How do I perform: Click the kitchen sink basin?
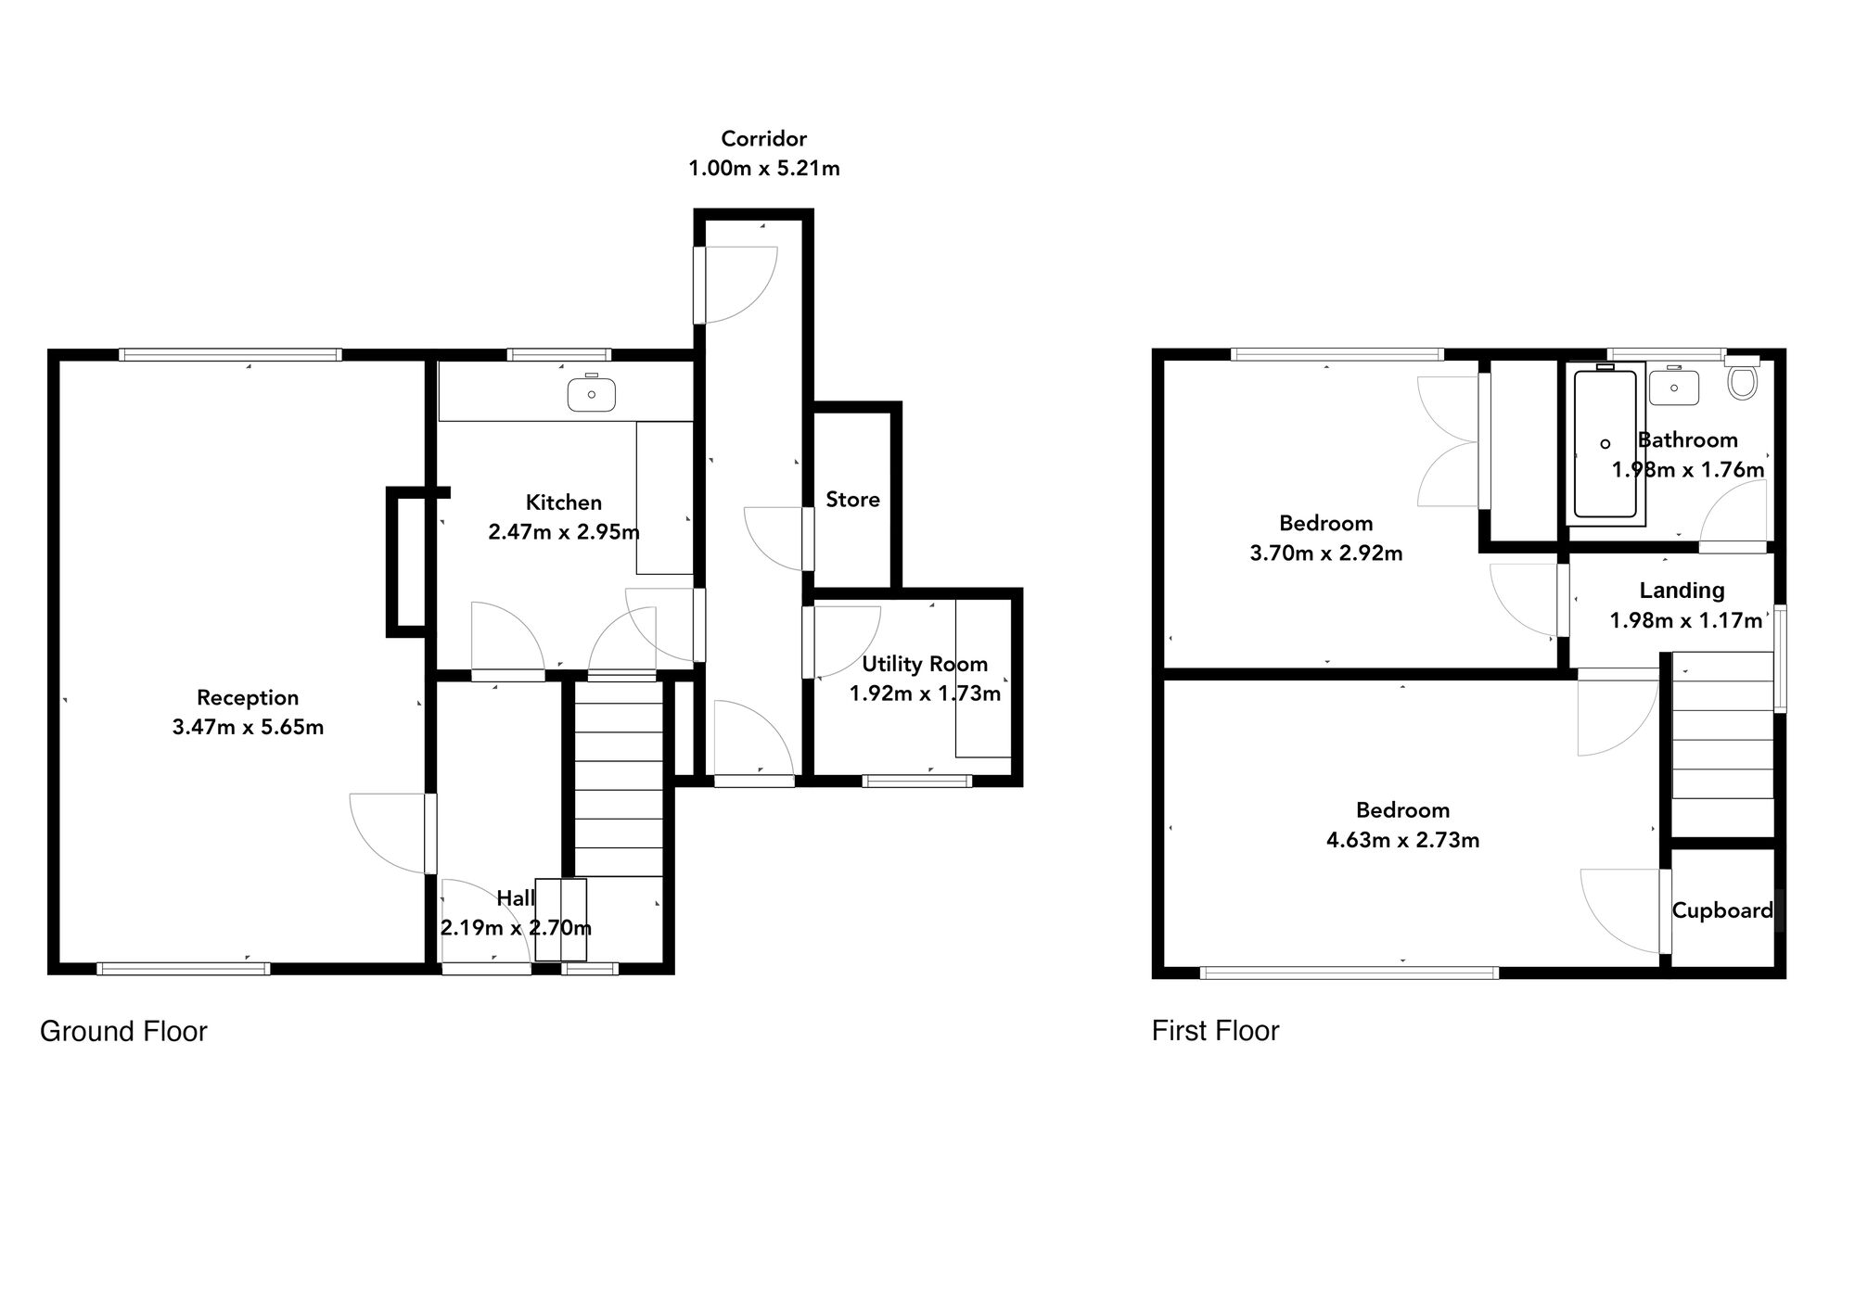(x=591, y=394)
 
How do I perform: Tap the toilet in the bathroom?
(x=1743, y=380)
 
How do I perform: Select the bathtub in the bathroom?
(x=1606, y=443)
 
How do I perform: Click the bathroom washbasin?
(x=1674, y=388)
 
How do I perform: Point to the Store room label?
(x=852, y=500)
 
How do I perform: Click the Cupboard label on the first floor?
(x=1722, y=910)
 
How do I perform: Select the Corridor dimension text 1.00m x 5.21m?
(x=763, y=169)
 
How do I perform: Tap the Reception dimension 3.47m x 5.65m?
(x=248, y=728)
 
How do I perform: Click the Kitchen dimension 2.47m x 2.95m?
(x=564, y=533)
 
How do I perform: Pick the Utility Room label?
(x=925, y=664)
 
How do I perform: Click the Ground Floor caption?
(x=123, y=1031)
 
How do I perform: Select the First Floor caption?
(x=1215, y=1031)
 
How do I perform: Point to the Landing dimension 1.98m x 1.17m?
(x=1685, y=620)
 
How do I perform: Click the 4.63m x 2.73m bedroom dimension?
(x=1402, y=841)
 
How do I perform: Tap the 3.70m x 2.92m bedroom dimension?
(x=1325, y=553)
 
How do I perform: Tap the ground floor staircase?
(x=619, y=779)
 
